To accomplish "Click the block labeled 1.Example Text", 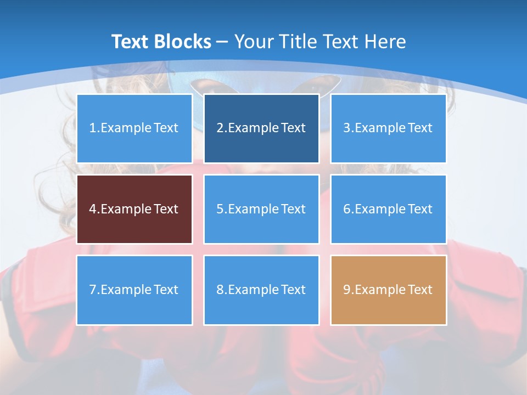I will point(134,128).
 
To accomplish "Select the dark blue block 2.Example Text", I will point(261,128).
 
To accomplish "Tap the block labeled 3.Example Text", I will point(388,128).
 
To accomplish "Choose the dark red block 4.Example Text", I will point(134,209).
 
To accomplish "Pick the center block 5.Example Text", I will point(261,209).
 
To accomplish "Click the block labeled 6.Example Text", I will point(388,209).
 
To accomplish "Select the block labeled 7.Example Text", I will point(134,290).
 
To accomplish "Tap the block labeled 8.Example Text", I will point(261,290).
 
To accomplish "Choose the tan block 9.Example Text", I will point(388,290).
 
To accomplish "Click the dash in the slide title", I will point(222,42).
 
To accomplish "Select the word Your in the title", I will point(254,42).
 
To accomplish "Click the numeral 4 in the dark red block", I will point(93,209).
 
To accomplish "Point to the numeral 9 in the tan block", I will point(347,290).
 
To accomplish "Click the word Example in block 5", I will point(253,209).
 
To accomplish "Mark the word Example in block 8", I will point(253,290).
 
